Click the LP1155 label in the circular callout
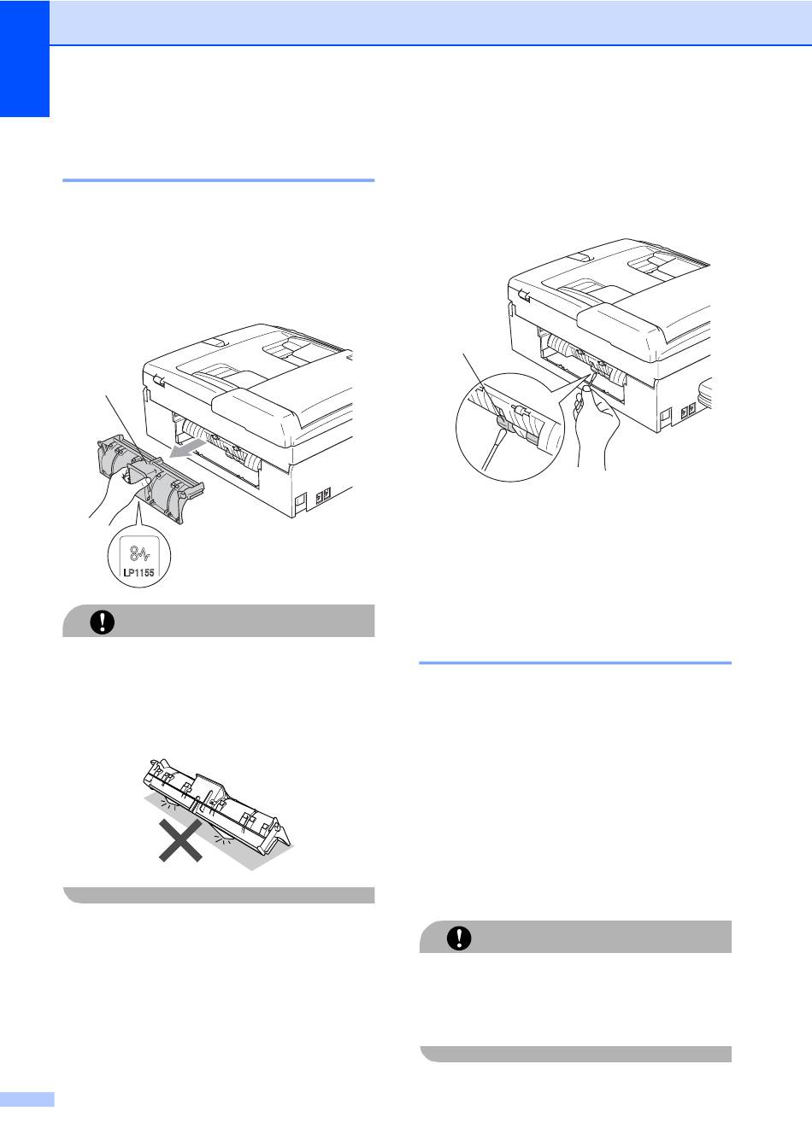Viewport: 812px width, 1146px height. pyautogui.click(x=138, y=572)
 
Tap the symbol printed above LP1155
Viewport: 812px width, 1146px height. pyautogui.click(x=139, y=553)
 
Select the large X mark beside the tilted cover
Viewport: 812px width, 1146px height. pyautogui.click(x=180, y=840)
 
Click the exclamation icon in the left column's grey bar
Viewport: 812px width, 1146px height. pyautogui.click(x=103, y=622)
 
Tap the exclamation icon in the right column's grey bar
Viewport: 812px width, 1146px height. pyautogui.click(x=459, y=938)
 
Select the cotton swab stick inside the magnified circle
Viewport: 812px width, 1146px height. pyautogui.click(x=492, y=449)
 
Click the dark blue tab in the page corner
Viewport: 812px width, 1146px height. pyautogui.click(x=25, y=58)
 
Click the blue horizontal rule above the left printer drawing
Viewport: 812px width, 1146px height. pyautogui.click(x=219, y=180)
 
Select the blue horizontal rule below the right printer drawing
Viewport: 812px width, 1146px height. pyautogui.click(x=575, y=663)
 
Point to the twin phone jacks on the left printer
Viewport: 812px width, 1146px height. pyautogui.click(x=322, y=495)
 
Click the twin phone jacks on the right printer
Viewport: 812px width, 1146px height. pyautogui.click(x=688, y=409)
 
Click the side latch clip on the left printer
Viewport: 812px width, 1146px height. pyautogui.click(x=158, y=380)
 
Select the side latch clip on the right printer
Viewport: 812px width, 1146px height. pyautogui.click(x=524, y=295)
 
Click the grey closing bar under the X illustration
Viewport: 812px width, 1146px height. pyautogui.click(x=219, y=895)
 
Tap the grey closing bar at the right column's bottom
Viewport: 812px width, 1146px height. pyautogui.click(x=575, y=1054)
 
